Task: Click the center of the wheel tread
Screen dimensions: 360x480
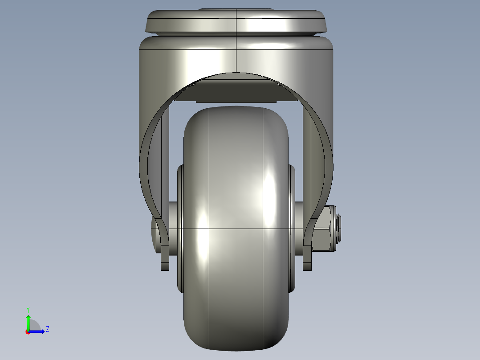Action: (x=236, y=227)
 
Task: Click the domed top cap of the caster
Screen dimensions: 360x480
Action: (x=236, y=21)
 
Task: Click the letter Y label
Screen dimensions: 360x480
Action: (x=28, y=309)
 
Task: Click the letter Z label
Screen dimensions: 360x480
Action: (x=47, y=330)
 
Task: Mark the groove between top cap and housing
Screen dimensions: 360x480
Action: (x=236, y=35)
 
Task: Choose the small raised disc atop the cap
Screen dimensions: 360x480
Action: (x=236, y=9)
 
